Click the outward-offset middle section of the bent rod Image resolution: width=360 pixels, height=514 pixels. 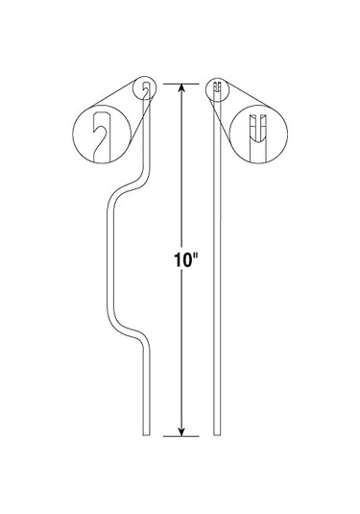[105, 259]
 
